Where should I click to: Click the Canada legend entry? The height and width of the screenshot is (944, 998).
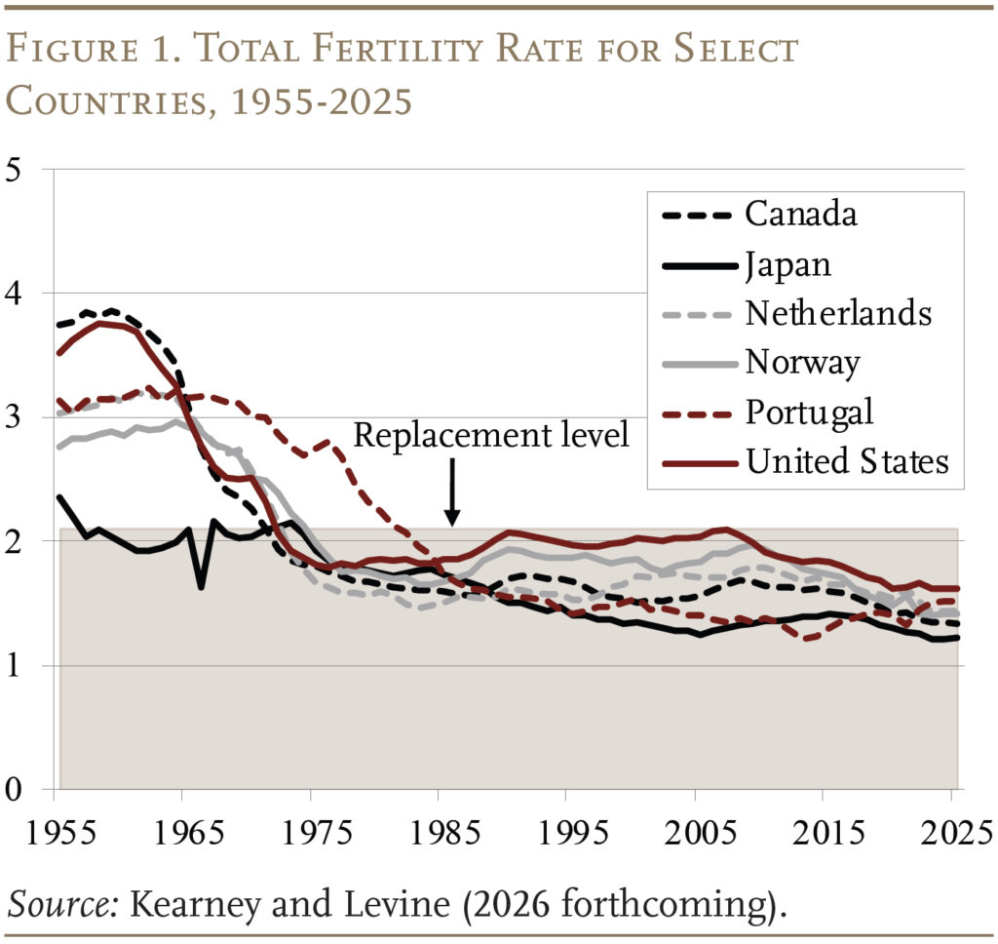[801, 214]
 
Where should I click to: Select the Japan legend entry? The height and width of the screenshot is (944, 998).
[787, 263]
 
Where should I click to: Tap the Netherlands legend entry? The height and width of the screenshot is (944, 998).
[838, 313]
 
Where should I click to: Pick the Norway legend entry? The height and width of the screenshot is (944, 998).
[802, 362]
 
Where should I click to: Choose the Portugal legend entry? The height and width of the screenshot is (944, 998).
[809, 412]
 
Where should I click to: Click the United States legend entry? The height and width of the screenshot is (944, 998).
[847, 461]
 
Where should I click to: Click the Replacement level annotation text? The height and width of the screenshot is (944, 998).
[490, 436]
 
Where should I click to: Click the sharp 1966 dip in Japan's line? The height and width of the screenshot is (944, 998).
[201, 586]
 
